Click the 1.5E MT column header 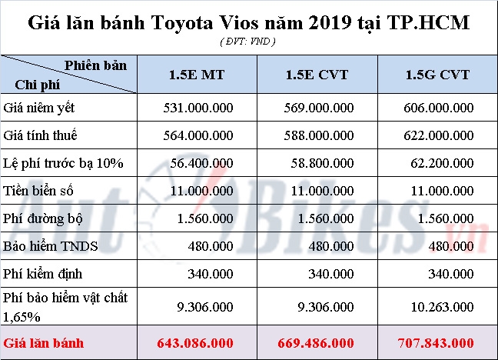[x=198, y=75]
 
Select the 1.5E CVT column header [x=316, y=75]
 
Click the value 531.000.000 [x=198, y=109]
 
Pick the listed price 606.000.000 [x=437, y=109]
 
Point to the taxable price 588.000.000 [x=317, y=136]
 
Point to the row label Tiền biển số [x=39, y=190]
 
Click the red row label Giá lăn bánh [x=43, y=342]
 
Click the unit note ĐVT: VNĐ [x=248, y=39]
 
